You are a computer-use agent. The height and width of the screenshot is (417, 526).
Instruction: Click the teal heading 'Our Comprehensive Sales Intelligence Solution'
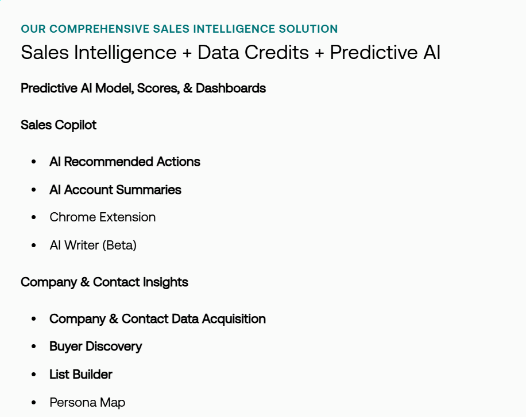179,29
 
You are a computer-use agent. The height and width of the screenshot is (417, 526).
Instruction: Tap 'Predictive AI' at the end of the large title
385,53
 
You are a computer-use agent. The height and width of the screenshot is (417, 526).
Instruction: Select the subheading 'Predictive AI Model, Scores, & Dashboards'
143,88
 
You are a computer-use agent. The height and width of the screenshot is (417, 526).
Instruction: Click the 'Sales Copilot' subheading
59,125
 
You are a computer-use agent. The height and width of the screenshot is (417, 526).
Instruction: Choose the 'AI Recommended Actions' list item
125,162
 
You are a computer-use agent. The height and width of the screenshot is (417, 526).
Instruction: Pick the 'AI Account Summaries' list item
115,190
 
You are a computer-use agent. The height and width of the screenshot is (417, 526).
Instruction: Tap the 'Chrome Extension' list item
102,217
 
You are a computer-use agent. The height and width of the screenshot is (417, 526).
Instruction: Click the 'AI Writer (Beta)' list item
93,245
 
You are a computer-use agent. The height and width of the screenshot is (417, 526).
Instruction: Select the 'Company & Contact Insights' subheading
105,282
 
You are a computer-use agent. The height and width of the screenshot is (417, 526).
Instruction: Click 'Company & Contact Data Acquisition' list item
157,319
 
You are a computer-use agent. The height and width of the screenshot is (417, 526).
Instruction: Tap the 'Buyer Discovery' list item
95,346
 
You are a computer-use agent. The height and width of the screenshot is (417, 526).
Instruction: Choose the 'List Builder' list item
81,375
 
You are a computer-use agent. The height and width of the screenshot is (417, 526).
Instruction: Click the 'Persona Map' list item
87,403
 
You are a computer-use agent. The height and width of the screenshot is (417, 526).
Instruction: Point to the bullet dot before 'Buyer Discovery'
34,347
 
